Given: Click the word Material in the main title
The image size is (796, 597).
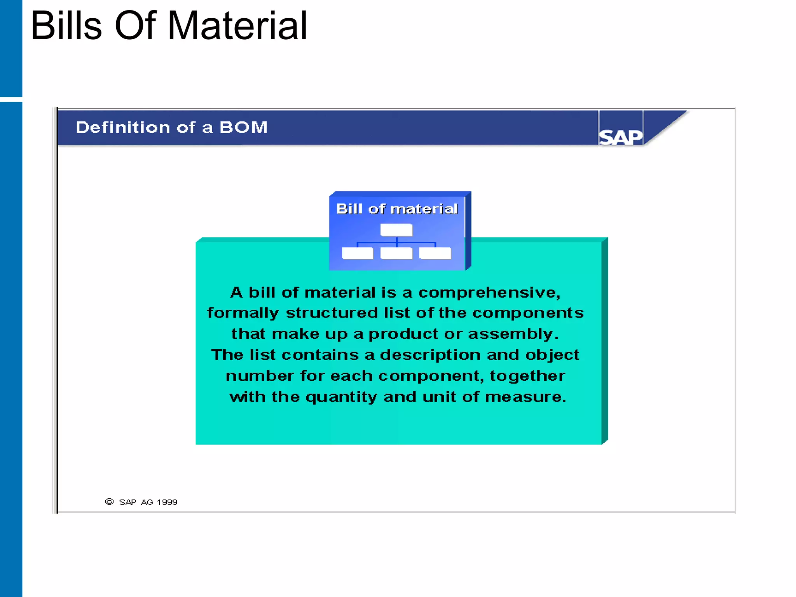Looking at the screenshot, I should pyautogui.click(x=237, y=26).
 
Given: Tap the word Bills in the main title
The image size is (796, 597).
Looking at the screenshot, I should pyautogui.click(x=66, y=26).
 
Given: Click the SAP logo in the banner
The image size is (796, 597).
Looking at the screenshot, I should pyautogui.click(x=620, y=137).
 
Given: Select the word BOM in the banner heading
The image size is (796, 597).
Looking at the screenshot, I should pyautogui.click(x=244, y=127).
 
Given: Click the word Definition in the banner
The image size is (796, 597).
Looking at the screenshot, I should pyautogui.click(x=123, y=127).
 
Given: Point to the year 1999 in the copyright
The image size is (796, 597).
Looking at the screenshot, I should pyautogui.click(x=167, y=502).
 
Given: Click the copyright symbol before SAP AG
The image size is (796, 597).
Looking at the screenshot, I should pyautogui.click(x=109, y=502).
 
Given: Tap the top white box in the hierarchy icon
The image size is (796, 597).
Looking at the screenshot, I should pyautogui.click(x=396, y=230).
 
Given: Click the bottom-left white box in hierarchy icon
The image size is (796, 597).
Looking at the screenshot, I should pyautogui.click(x=357, y=253).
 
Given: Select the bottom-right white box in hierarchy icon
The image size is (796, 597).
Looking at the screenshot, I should pyautogui.click(x=435, y=253).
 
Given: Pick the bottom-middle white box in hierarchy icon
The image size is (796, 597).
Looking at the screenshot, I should pyautogui.click(x=396, y=253).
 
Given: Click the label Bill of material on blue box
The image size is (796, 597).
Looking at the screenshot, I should pyautogui.click(x=397, y=209).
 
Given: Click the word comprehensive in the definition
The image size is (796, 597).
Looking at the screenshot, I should pyautogui.click(x=489, y=293).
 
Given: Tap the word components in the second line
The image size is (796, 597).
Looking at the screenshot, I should pyautogui.click(x=528, y=313).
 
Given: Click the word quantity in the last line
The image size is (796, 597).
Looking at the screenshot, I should pyautogui.click(x=341, y=397).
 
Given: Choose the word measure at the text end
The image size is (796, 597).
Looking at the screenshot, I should pyautogui.click(x=525, y=397).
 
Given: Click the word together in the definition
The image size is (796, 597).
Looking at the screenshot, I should pyautogui.click(x=527, y=376).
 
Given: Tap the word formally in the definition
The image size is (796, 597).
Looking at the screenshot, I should pyautogui.click(x=243, y=313).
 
